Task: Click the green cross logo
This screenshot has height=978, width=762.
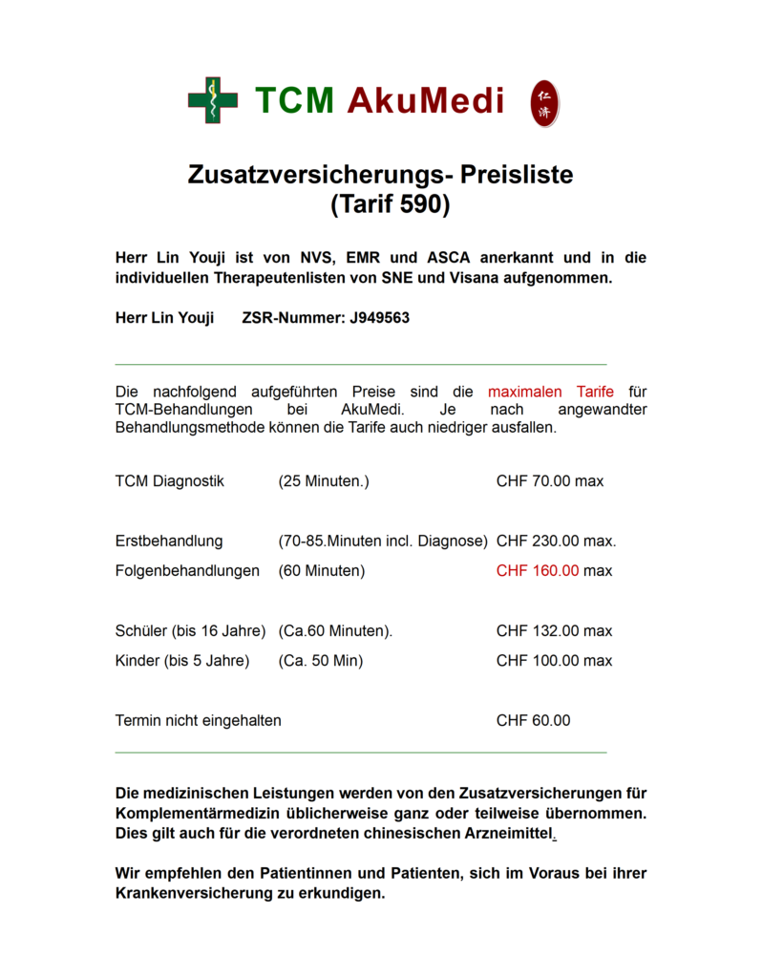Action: [212, 100]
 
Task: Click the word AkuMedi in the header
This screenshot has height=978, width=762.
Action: [425, 100]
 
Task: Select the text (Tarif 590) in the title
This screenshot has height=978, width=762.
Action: [390, 204]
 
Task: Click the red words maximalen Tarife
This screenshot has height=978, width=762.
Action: [550, 392]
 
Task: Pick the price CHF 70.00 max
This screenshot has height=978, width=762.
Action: [550, 481]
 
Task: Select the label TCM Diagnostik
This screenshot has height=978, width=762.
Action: [169, 481]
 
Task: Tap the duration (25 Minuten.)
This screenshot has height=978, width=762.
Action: [324, 481]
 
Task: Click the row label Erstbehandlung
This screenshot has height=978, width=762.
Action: [169, 542]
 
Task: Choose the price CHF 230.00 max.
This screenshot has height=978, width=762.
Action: [556, 542]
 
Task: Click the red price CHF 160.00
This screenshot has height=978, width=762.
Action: [538, 571]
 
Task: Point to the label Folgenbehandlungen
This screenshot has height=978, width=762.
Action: [187, 571]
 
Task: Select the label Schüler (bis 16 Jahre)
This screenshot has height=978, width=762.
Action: [190, 631]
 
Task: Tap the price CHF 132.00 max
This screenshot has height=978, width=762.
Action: [554, 631]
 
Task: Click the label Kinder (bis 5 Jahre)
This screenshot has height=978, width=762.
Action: [182, 661]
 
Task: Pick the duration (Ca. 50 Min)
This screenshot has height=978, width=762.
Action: [321, 661]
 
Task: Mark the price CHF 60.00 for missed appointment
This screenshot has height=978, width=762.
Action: [533, 721]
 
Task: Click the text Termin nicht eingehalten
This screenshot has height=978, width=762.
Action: [198, 721]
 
